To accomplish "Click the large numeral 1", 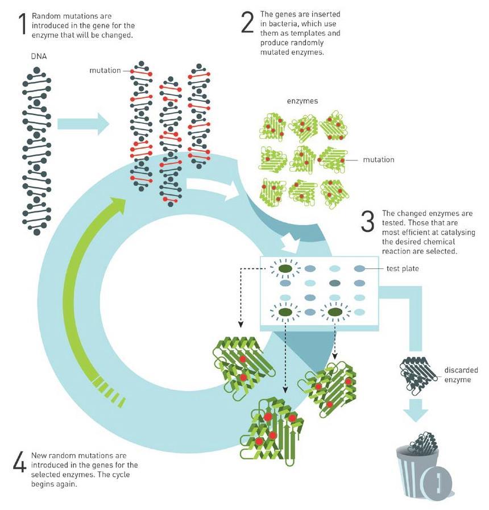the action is pyautogui.click(x=23, y=24).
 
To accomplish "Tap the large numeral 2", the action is pyautogui.click(x=247, y=22).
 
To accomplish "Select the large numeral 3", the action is pyautogui.click(x=368, y=221).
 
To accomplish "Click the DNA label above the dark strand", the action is pyautogui.click(x=39, y=56).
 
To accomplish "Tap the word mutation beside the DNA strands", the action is pyautogui.click(x=105, y=71).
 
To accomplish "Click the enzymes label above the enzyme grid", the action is pyautogui.click(x=302, y=101).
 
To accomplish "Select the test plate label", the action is pyautogui.click(x=403, y=269).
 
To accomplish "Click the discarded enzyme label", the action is pyautogui.click(x=461, y=375).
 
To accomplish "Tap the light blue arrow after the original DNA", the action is pyautogui.click(x=83, y=123).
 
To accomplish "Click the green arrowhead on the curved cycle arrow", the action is pyautogui.click(x=117, y=204).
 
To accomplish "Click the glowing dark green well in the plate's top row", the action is pyautogui.click(x=285, y=269).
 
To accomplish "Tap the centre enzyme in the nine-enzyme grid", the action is pyautogui.click(x=303, y=159).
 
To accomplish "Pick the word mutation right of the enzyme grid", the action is pyautogui.click(x=378, y=160).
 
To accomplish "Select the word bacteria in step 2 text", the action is pyautogui.click(x=285, y=24).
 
